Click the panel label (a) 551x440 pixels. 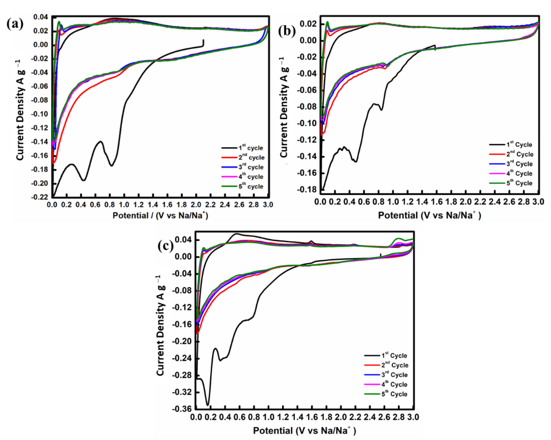point(15,24)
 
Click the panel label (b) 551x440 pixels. point(287,32)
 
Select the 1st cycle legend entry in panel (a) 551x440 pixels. point(250,148)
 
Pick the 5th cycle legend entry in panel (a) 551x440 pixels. point(250,186)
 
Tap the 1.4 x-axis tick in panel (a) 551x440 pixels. point(153,205)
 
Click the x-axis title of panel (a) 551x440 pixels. point(160,215)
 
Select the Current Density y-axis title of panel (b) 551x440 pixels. point(284,107)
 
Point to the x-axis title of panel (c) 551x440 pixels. point(304,431)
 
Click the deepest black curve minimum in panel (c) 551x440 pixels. point(208,405)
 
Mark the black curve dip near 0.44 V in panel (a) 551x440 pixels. point(84,180)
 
